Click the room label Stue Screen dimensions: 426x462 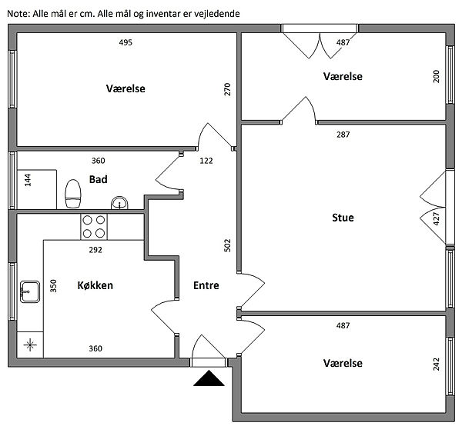click(343, 218)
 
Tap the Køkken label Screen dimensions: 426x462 click(95, 285)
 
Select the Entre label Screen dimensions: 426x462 click(206, 285)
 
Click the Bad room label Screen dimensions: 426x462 click(98, 179)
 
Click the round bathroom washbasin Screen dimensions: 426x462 click(119, 202)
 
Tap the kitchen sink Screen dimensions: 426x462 click(29, 291)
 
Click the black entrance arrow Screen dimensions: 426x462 click(209, 378)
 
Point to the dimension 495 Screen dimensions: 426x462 click(126, 42)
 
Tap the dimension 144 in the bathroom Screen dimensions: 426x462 click(28, 181)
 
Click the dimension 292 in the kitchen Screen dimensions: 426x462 click(95, 249)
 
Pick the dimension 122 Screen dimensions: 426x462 click(206, 161)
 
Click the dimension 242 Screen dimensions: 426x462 click(436, 364)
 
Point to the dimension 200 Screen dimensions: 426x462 click(436, 76)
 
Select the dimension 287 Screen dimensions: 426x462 click(343, 135)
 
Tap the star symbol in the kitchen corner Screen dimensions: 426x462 click(31, 344)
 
